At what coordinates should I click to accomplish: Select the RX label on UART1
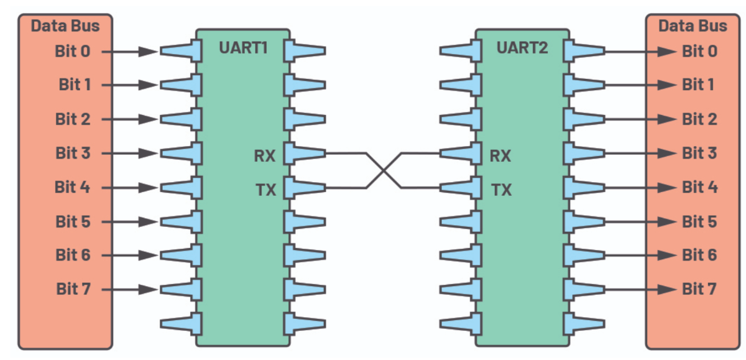[264, 155]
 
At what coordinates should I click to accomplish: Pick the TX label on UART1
[265, 190]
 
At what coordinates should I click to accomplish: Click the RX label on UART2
[500, 155]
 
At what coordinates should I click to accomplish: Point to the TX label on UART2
[501, 190]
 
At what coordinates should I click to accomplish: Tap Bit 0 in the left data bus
[72, 51]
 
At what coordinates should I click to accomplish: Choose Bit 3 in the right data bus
[699, 153]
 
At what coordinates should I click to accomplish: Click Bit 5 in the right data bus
[699, 221]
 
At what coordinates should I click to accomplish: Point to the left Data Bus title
[65, 25]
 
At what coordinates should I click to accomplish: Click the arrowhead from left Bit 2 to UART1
[149, 119]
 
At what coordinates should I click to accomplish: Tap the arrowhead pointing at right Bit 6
[667, 255]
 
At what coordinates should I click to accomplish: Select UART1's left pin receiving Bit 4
[181, 187]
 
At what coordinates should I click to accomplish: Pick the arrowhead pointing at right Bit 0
[667, 51]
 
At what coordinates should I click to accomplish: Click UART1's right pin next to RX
[305, 153]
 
